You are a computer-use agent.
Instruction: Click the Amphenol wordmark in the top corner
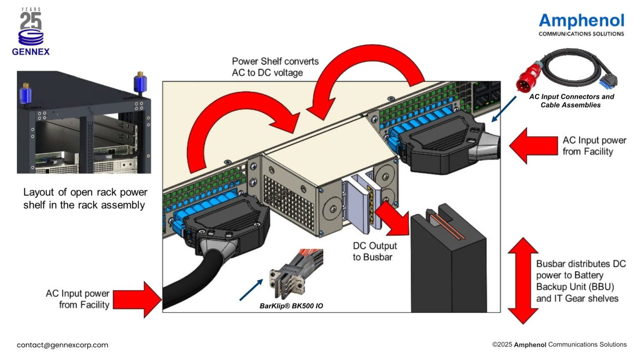tap(581, 21)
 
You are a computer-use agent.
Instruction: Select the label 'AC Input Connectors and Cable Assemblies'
tap(571, 101)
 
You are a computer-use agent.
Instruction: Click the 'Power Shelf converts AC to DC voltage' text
tap(275, 67)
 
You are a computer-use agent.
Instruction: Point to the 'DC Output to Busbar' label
tap(374, 251)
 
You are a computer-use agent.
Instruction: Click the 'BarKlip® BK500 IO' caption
tap(291, 306)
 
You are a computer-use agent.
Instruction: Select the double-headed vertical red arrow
tap(523, 281)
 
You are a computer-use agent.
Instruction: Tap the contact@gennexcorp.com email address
tap(62, 345)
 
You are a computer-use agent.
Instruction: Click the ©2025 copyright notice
tap(559, 345)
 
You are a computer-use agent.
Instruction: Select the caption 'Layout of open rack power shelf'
tap(85, 198)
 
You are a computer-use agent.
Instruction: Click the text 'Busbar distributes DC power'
tap(580, 281)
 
